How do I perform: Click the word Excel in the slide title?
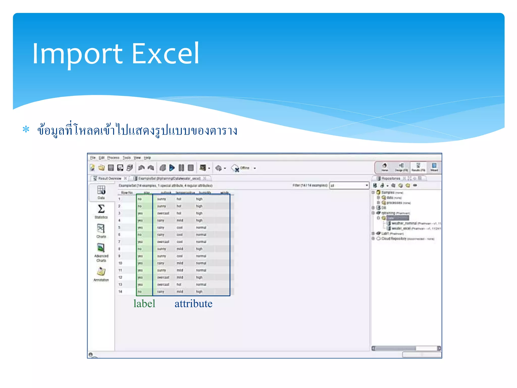tap(165, 54)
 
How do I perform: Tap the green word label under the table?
tap(144, 304)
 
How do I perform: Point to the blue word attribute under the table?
tap(193, 304)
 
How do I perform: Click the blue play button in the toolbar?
tap(172, 168)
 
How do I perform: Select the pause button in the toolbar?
tap(181, 168)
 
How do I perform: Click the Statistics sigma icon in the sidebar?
tap(101, 209)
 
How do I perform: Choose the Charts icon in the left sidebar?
tap(101, 229)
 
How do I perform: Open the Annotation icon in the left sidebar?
tap(101, 272)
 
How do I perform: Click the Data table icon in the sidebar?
tap(101, 190)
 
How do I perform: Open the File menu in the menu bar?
tap(93, 158)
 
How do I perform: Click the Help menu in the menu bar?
tap(147, 158)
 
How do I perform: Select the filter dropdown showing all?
tap(349, 185)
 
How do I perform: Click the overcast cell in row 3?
tap(163, 213)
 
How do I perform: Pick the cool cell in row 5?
tap(179, 228)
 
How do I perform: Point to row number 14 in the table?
tap(120, 292)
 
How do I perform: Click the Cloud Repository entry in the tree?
tap(394, 238)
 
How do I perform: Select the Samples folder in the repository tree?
tap(387, 192)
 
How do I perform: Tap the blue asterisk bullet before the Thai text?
tap(26, 130)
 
